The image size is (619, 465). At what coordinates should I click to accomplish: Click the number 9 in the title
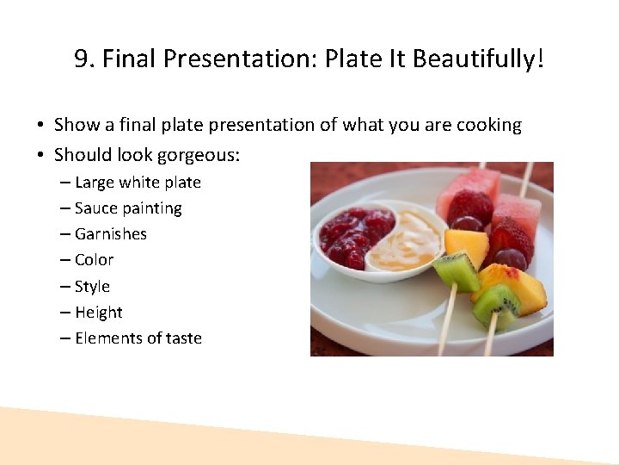(83, 59)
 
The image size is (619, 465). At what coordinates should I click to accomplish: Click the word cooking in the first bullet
(488, 126)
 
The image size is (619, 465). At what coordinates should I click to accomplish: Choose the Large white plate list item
(138, 183)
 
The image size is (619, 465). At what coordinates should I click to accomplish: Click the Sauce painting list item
(128, 208)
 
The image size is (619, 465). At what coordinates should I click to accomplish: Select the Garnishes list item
(111, 234)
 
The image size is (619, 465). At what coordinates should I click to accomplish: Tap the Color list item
(94, 260)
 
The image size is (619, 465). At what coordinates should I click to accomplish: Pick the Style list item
(92, 286)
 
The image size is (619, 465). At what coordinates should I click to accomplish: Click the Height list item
(99, 313)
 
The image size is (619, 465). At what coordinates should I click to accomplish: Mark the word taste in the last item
(183, 338)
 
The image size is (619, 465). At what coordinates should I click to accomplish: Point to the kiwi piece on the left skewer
(457, 270)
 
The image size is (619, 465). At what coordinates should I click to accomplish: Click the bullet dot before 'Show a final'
(40, 126)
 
